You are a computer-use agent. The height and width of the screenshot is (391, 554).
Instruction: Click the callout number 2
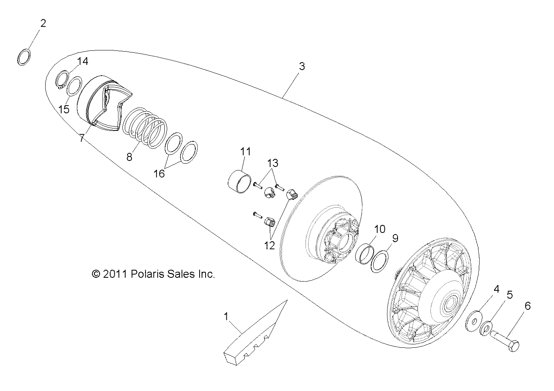click(x=43, y=23)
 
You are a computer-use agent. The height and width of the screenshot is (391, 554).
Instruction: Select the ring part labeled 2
click(x=24, y=57)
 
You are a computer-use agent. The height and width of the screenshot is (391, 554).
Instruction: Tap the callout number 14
click(x=82, y=61)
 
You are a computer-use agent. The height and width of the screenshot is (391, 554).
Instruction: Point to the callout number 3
click(x=302, y=66)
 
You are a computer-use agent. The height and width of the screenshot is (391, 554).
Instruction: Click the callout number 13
click(x=272, y=163)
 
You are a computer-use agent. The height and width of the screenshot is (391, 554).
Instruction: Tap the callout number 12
click(x=270, y=245)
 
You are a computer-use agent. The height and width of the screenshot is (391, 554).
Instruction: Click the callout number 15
click(x=64, y=109)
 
